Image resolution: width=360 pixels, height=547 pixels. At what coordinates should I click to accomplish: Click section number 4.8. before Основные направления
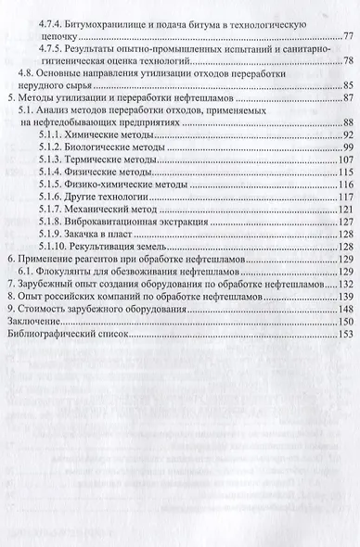tap(30, 72)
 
